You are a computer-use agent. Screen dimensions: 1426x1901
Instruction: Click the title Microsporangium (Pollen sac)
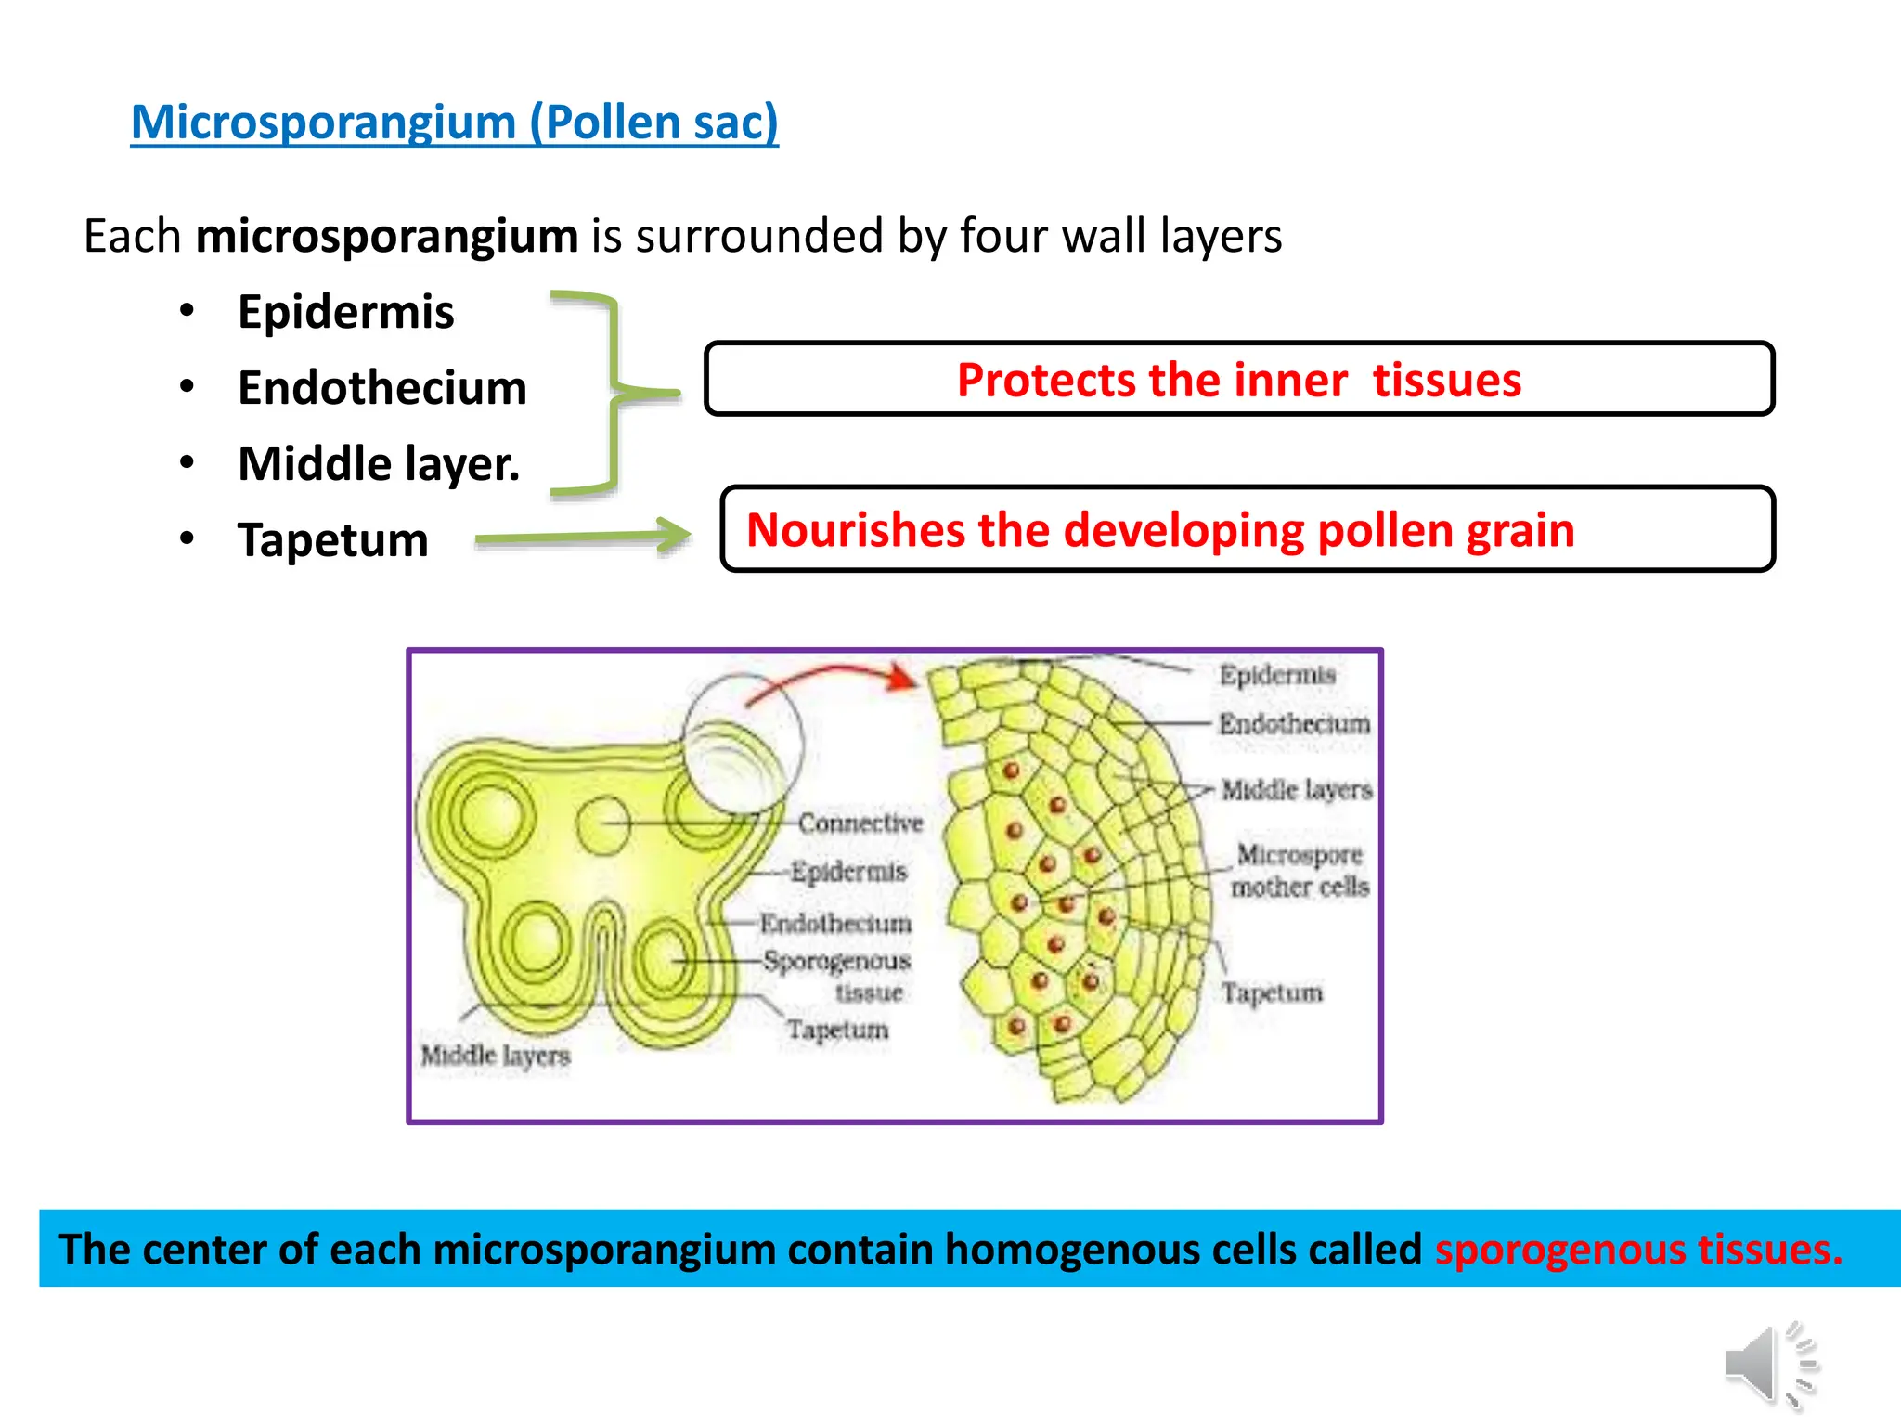[x=454, y=123]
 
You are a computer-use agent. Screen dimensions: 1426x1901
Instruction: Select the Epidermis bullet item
[x=345, y=312]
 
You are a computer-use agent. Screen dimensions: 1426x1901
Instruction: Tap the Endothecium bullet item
[x=381, y=388]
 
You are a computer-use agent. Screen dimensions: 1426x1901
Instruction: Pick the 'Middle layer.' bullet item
[x=378, y=464]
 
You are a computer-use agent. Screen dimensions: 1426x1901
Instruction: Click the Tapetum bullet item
[x=332, y=540]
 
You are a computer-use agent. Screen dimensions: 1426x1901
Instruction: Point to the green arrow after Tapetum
[x=583, y=537]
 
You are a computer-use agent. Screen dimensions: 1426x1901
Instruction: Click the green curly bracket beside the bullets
[x=614, y=394]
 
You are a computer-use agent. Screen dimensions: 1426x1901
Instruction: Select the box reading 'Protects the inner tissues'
[x=1238, y=380]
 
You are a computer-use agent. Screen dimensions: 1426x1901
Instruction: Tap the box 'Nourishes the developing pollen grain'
[x=1247, y=529]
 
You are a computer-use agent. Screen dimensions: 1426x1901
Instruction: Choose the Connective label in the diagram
[x=860, y=823]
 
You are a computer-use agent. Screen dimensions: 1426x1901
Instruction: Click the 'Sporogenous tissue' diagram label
[x=838, y=975]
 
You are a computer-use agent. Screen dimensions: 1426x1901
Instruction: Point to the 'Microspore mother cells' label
[x=1300, y=871]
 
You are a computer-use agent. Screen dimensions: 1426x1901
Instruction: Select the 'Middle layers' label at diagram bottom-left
[x=495, y=1056]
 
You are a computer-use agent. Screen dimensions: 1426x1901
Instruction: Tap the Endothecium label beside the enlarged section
[x=1294, y=724]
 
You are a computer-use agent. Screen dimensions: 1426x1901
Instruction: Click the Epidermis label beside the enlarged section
[x=1277, y=675]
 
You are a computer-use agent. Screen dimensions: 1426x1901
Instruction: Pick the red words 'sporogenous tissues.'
[x=1638, y=1250]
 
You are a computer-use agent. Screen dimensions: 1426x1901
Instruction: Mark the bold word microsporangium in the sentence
[x=387, y=236]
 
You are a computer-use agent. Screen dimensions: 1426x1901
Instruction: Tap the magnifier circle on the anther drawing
[x=743, y=743]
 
